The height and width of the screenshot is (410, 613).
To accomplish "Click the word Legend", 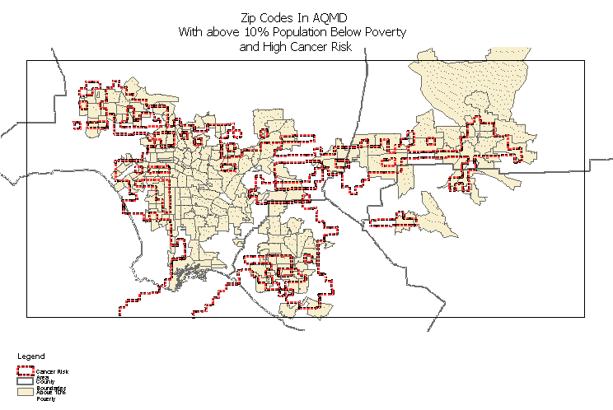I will coord(31,356).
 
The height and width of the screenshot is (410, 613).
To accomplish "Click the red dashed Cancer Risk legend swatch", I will coord(25,372).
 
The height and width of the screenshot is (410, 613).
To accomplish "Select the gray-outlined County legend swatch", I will coord(25,382).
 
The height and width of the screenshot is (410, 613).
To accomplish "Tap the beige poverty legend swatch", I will coord(25,392).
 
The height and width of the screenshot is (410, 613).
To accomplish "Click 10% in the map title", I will coord(248,32).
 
